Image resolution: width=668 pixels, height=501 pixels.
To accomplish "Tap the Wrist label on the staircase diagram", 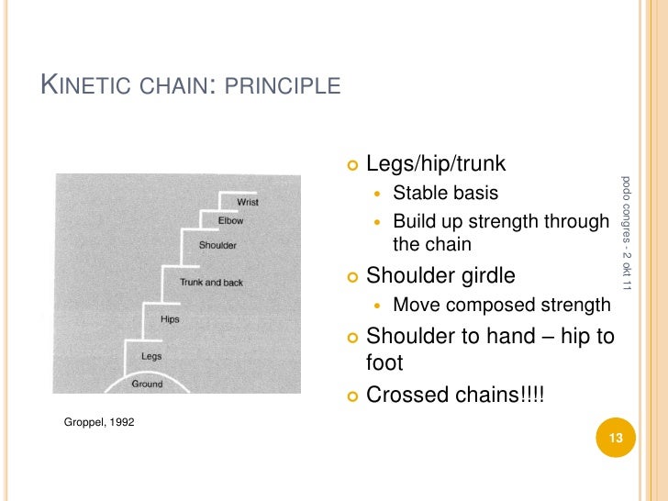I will point(247,202).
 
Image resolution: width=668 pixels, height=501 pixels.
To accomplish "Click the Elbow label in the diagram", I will point(230,221).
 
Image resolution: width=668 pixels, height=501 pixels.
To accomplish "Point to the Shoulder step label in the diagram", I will point(217,245).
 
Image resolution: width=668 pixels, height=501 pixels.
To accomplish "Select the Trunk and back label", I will point(211,283).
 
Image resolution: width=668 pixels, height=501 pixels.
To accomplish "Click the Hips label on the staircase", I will point(170,320).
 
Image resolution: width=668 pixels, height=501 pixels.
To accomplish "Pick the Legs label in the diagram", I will point(151,356).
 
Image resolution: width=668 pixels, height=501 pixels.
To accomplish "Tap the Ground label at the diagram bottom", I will point(147,384).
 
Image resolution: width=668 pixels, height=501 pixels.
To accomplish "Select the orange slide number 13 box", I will point(616,439).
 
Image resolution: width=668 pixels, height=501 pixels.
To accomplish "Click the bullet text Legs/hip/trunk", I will point(436,164).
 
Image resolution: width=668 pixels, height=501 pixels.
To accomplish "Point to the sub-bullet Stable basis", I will point(445,193).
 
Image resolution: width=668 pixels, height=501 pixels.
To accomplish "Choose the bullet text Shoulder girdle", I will point(440,275).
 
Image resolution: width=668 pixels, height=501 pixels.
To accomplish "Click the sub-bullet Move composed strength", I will point(501,305).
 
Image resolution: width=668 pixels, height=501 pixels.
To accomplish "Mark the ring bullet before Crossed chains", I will point(353,395).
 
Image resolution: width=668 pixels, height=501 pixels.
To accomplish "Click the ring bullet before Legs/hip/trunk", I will point(353,165).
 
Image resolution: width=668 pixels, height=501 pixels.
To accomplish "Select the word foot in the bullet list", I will point(384,362).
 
